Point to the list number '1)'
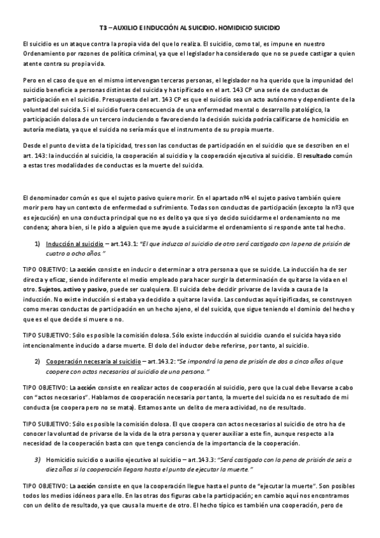[x=37, y=244]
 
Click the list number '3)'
[x=37, y=459]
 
